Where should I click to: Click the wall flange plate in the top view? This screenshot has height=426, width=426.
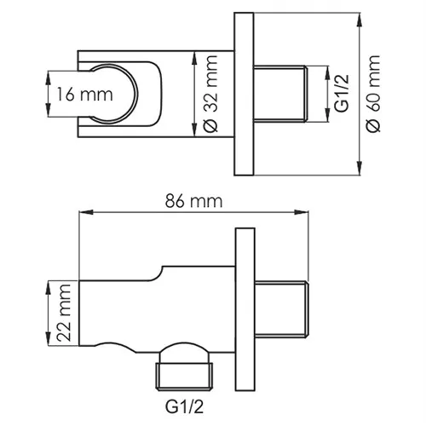coord(245,94)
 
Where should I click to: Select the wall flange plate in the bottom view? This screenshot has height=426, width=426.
coord(245,307)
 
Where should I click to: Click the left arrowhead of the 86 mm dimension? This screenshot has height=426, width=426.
coord(83,213)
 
